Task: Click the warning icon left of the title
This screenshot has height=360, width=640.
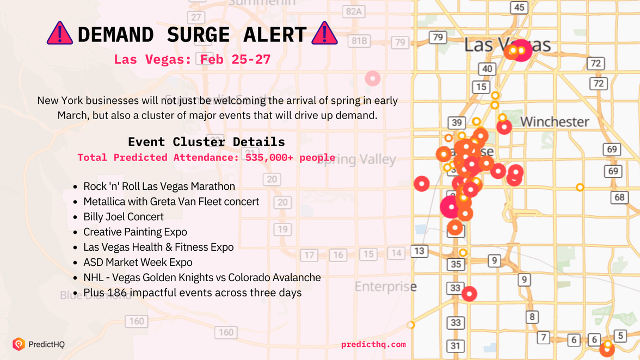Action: pyautogui.click(x=60, y=34)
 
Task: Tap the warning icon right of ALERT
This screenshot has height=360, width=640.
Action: pyautogui.click(x=324, y=34)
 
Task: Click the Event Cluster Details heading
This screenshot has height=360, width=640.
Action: pyautogui.click(x=206, y=142)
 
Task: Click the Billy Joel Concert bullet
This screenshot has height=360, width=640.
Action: pyautogui.click(x=124, y=216)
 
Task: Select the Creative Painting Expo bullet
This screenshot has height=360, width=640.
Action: pyautogui.click(x=135, y=232)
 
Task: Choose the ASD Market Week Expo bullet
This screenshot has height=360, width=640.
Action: pyautogui.click(x=138, y=262)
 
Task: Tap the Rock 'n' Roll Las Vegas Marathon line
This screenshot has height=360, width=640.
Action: pyautogui.click(x=159, y=186)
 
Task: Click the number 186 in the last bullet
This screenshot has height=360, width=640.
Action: pyautogui.click(x=117, y=293)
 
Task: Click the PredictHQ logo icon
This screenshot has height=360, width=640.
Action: pyautogui.click(x=19, y=344)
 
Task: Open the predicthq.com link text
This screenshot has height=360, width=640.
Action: pyautogui.click(x=373, y=344)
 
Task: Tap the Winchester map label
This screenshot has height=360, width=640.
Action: pyautogui.click(x=555, y=122)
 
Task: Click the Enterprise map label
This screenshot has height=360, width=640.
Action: pyautogui.click(x=385, y=287)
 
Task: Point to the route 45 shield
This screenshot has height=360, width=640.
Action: pyautogui.click(x=519, y=7)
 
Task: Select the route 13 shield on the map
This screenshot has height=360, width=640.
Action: pyautogui.click(x=419, y=251)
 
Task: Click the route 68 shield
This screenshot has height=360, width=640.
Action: pyautogui.click(x=619, y=197)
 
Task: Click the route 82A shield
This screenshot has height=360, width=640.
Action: pyautogui.click(x=354, y=12)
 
